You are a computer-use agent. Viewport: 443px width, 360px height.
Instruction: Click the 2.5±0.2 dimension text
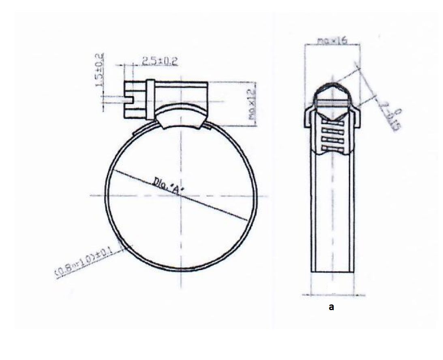pyautogui.click(x=160, y=61)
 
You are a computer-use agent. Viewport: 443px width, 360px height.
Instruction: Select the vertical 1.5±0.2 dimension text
pyautogui.click(x=98, y=70)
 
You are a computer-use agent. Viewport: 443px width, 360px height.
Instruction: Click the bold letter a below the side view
pyautogui.click(x=331, y=307)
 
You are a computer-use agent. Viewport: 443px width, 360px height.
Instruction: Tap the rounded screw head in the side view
pyautogui.click(x=332, y=92)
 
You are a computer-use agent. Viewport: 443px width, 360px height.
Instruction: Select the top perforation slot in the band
pyautogui.click(x=332, y=122)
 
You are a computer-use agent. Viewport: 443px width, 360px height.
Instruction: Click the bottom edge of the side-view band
pyautogui.click(x=332, y=272)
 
